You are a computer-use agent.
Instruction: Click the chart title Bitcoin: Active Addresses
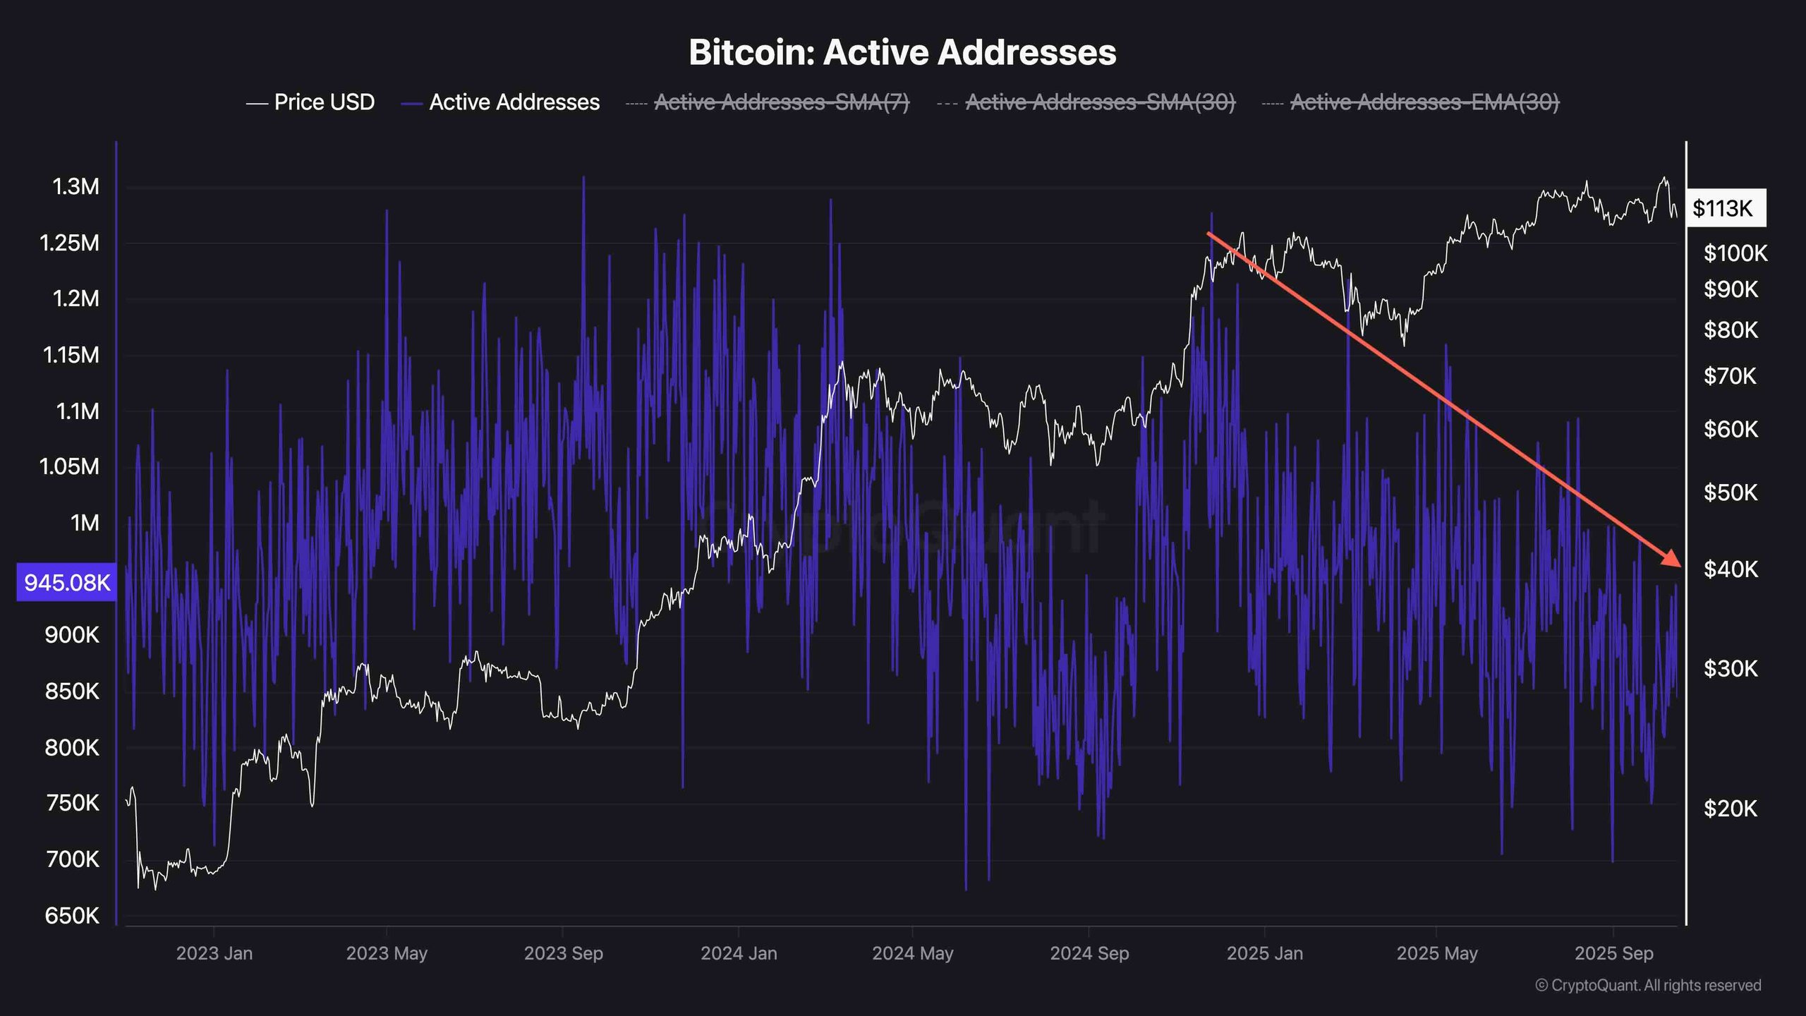pyautogui.click(x=902, y=52)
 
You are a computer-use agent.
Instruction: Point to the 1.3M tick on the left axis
pyautogui.click(x=75, y=187)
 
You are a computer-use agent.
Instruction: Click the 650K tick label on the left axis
pyautogui.click(x=72, y=916)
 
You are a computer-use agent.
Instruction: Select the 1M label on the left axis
pyautogui.click(x=85, y=523)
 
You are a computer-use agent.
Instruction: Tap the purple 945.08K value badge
pyautogui.click(x=67, y=583)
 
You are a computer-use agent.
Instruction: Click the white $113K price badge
pyautogui.click(x=1725, y=208)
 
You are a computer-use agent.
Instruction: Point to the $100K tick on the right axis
pyautogui.click(x=1735, y=253)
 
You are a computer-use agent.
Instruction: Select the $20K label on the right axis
pyautogui.click(x=1730, y=808)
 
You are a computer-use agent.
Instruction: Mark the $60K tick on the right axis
pyautogui.click(x=1730, y=429)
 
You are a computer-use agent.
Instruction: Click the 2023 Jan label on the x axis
pyautogui.click(x=214, y=953)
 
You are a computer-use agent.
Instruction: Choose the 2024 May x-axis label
pyautogui.click(x=912, y=953)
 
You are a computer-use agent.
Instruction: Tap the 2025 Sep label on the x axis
pyautogui.click(x=1614, y=953)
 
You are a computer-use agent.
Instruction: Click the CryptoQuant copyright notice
pyautogui.click(x=1648, y=985)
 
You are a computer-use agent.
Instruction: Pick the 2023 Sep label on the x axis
pyautogui.click(x=563, y=953)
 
